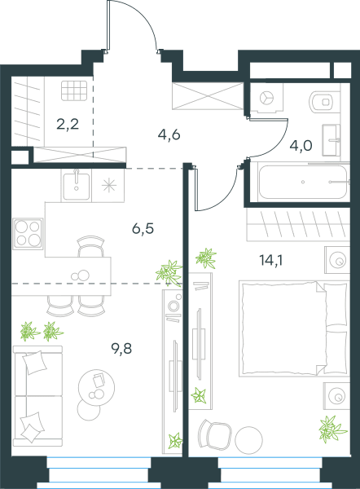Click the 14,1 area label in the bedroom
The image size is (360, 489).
pos(271,260)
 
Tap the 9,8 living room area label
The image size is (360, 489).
pos(121,348)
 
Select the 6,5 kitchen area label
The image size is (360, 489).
pos(143,228)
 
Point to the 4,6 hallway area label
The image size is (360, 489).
pos(169,134)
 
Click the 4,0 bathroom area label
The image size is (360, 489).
pos(301,146)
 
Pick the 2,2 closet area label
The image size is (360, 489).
pos(68,124)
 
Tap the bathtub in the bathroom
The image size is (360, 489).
pos(303,182)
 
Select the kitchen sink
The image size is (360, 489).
pos(77,185)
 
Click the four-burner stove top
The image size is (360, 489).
pos(28,234)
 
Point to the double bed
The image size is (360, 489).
pos(293,328)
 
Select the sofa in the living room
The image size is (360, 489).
pos(37,395)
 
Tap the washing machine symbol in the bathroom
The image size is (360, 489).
pos(267,98)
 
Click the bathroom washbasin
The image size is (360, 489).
pos(331,140)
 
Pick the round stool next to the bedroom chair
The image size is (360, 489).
pos(248,440)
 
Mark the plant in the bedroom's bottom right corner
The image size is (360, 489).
pos(332,430)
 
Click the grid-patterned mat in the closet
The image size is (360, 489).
pos(74,90)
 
